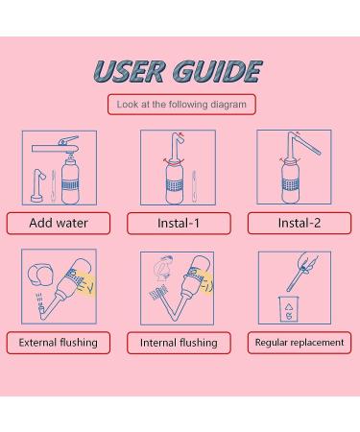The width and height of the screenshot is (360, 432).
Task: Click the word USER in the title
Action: [130, 71]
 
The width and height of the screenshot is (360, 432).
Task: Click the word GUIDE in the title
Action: [218, 71]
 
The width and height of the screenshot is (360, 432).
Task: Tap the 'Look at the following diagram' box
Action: [181, 105]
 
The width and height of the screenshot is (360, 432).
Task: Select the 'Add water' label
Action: [59, 223]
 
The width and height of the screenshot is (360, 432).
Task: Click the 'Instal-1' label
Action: [179, 223]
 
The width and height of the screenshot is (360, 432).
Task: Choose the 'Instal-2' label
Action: [300, 223]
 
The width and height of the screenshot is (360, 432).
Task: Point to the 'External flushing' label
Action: [59, 343]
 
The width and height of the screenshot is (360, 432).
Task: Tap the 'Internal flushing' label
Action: [179, 343]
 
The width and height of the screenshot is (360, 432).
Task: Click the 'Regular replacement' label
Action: [300, 343]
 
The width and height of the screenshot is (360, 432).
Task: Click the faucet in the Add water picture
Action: [56, 146]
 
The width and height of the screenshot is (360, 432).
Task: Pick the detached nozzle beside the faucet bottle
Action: [37, 185]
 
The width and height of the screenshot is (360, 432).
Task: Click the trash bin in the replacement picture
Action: [288, 309]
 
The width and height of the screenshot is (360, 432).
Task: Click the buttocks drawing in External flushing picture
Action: [39, 275]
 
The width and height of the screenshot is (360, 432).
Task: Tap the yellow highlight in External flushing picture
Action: [85, 283]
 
